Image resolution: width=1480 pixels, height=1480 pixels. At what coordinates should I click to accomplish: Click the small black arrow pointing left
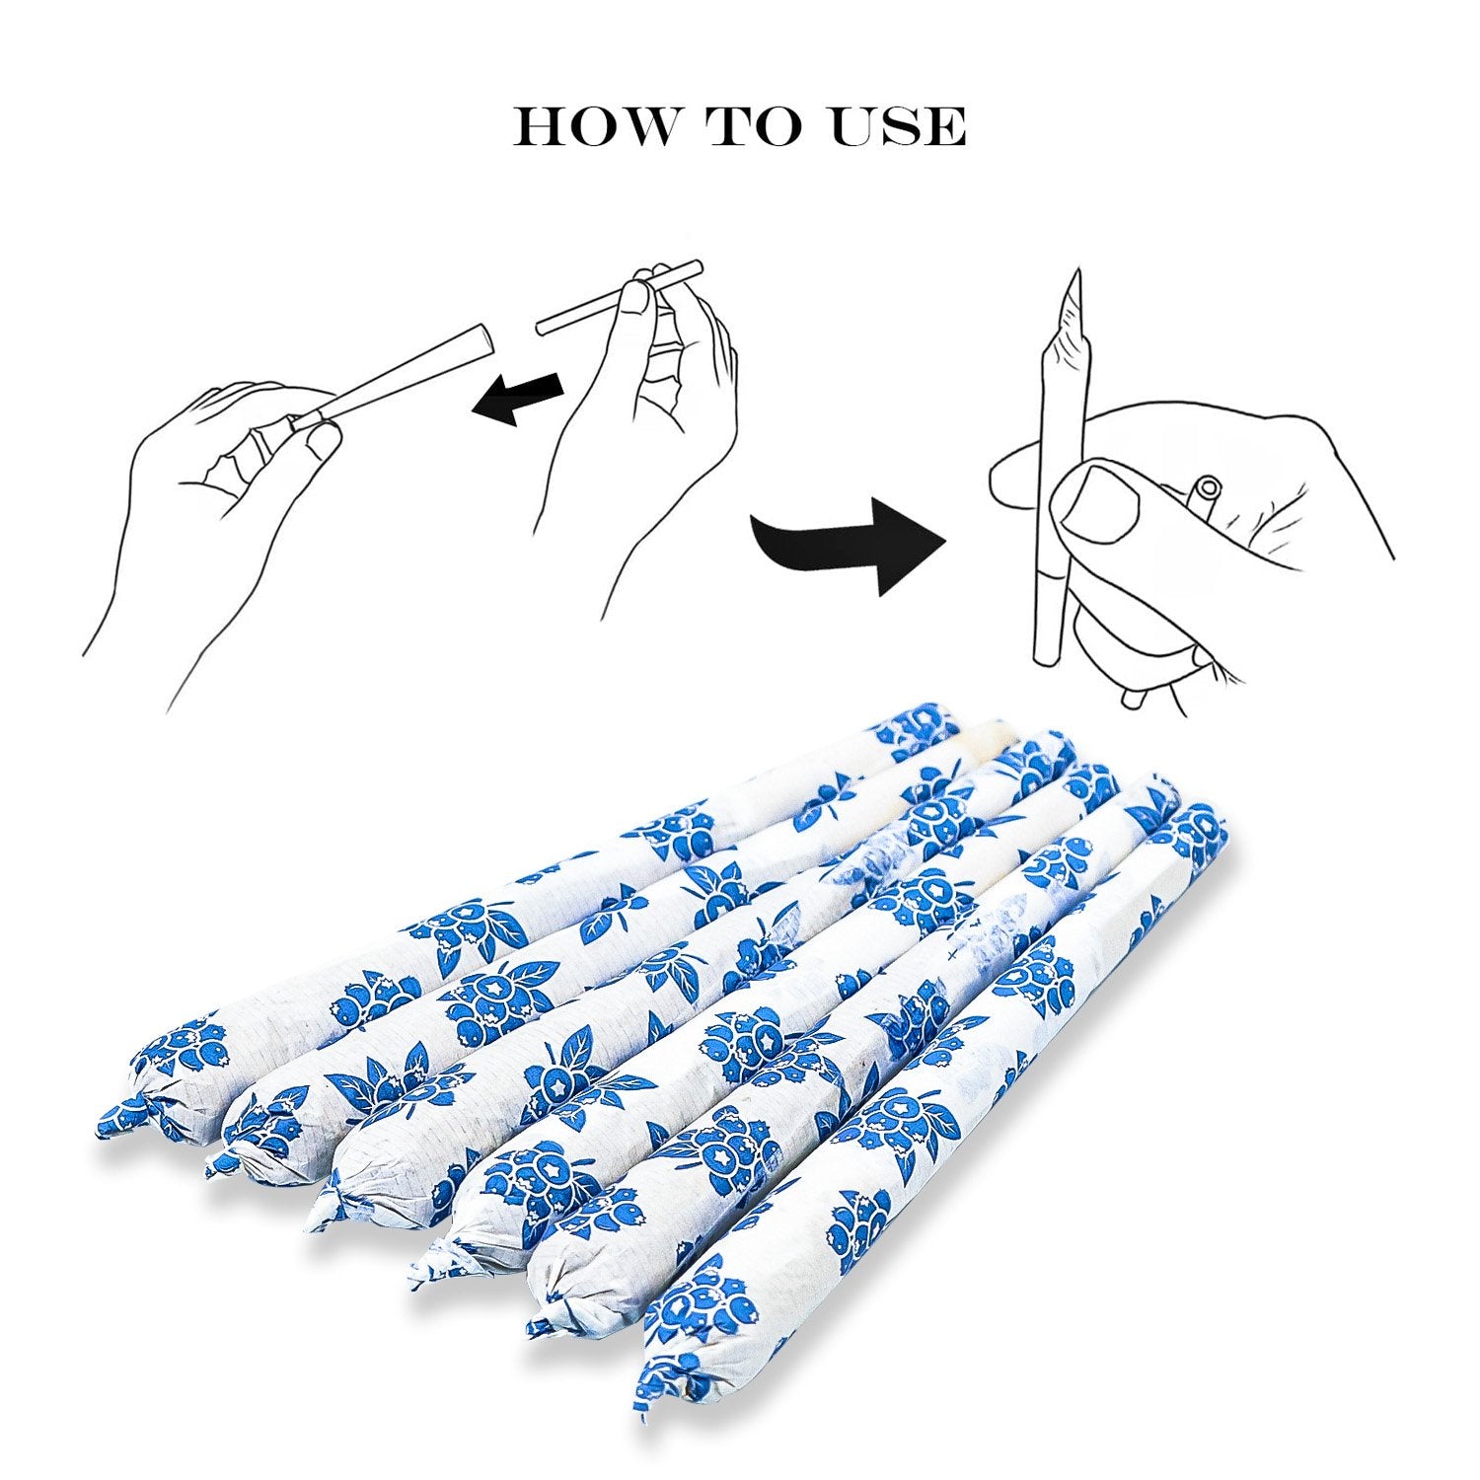point(517,397)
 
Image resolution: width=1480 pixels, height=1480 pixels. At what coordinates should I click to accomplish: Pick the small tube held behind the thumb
point(1206,492)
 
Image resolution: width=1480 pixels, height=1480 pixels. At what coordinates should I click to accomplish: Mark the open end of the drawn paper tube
point(483,338)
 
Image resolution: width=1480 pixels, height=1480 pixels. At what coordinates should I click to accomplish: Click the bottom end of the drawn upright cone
point(1046,654)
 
